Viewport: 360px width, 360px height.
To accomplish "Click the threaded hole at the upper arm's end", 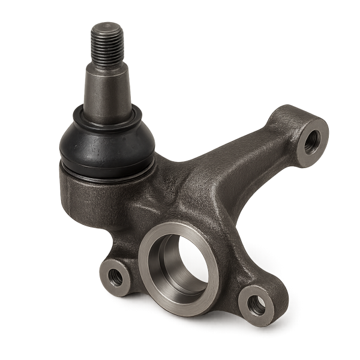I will coord(313,140).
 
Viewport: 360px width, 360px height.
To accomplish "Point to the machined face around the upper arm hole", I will coord(320,133).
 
